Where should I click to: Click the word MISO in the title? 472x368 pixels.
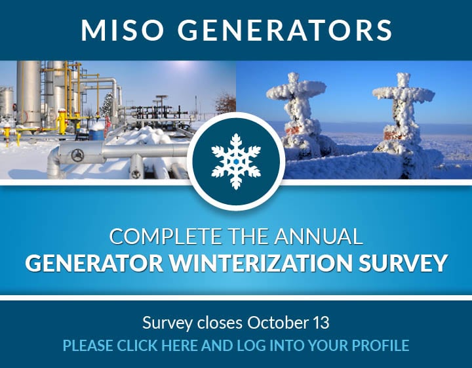click(122, 30)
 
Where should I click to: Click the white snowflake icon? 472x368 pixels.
click(236, 161)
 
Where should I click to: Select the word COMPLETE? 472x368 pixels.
click(165, 236)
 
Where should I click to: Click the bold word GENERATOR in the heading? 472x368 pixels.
click(94, 263)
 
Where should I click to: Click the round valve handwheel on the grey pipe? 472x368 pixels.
click(77, 155)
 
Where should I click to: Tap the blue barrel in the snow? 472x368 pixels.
click(97, 133)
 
